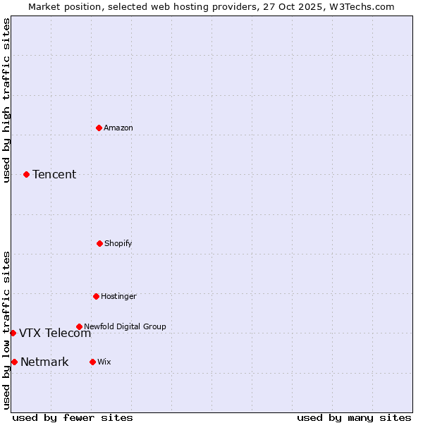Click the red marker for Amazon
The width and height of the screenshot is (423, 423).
click(99, 128)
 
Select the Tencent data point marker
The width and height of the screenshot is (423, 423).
click(26, 174)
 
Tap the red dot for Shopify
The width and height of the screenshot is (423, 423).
click(99, 243)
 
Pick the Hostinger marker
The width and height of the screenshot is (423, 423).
click(96, 296)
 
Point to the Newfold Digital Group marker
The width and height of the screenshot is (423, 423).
click(79, 326)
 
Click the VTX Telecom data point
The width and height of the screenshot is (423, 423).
click(13, 333)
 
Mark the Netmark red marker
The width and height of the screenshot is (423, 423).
click(14, 362)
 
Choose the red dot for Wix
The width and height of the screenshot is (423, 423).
click(92, 362)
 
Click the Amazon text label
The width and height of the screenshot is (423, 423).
click(118, 128)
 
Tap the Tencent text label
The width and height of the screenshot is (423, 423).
click(54, 174)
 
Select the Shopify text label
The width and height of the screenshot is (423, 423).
click(118, 243)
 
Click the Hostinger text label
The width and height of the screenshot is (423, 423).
click(118, 296)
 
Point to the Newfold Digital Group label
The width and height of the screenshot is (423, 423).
click(125, 326)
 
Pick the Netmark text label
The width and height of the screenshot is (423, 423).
click(44, 362)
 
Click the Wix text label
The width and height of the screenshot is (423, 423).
click(104, 362)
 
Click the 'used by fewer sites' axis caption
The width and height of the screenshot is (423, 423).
click(73, 417)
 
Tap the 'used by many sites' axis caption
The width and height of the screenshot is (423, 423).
click(354, 417)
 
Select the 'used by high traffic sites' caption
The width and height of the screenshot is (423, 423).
click(6, 100)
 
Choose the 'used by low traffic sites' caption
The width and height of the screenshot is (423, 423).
click(6, 330)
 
